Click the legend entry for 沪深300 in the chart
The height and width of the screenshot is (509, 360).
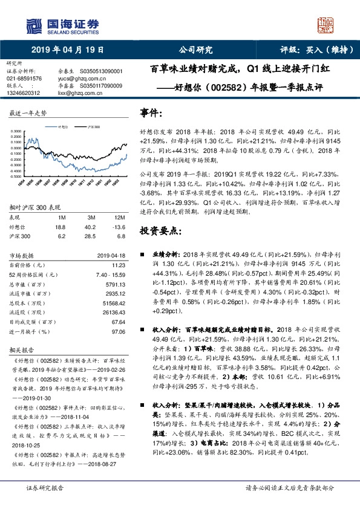coord(93,128)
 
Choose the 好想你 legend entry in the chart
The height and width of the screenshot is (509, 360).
coord(61,128)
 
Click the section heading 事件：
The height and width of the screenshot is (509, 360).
coord(151,113)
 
